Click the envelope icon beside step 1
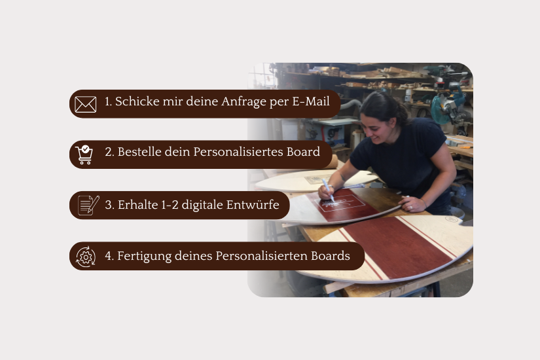(85, 104)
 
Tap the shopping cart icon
(84, 154)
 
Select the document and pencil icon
(88, 206)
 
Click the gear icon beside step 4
(86, 257)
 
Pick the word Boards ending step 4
(331, 256)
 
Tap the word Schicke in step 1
(137, 101)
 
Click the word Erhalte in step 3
(137, 205)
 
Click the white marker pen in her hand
(328, 190)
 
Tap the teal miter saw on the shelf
(447, 105)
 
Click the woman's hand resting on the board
(412, 204)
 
